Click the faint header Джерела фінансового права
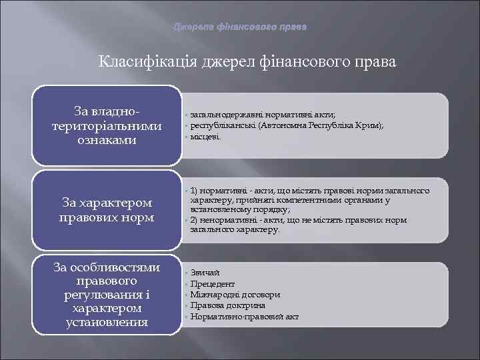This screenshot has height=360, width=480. (240, 27)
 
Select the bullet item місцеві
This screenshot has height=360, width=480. (204, 136)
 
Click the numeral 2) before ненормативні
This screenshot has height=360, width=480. (195, 220)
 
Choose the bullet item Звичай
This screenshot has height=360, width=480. (205, 273)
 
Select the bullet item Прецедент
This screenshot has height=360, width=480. (212, 284)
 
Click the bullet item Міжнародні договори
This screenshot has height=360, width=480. (235, 295)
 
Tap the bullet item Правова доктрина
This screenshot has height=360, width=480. (227, 305)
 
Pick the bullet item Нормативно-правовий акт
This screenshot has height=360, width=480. (244, 316)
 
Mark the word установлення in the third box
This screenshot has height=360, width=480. (107, 323)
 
